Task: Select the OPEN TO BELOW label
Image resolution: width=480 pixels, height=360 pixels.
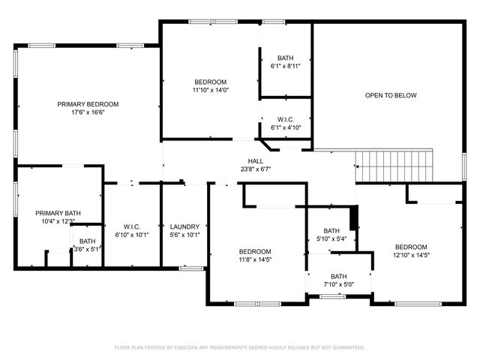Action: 390,95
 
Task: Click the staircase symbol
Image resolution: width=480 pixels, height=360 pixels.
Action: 394,164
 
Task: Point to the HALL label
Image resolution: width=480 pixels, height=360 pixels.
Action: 256,161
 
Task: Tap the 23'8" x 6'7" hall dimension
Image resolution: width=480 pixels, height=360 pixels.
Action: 256,169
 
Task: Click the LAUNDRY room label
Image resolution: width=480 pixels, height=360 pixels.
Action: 184,226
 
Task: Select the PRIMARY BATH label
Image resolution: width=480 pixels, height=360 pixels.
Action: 58,213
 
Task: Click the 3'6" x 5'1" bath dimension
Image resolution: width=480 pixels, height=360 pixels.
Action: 88,249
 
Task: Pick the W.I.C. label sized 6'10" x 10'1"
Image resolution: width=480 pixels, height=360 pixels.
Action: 132,226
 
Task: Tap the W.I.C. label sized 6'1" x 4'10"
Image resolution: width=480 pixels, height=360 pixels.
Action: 285,119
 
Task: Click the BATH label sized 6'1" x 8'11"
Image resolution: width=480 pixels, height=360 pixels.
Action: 285,58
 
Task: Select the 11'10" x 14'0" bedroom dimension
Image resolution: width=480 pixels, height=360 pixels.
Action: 211,91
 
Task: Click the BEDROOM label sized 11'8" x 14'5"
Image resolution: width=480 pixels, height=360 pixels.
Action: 255,251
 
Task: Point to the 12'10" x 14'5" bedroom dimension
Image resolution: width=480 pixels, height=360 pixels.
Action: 411,256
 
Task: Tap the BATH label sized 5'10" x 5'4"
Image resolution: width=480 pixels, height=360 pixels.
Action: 331,231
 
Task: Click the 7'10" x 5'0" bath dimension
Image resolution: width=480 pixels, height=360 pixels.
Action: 339,284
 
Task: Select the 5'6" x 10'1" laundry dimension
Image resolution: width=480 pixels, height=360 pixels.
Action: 184,235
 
